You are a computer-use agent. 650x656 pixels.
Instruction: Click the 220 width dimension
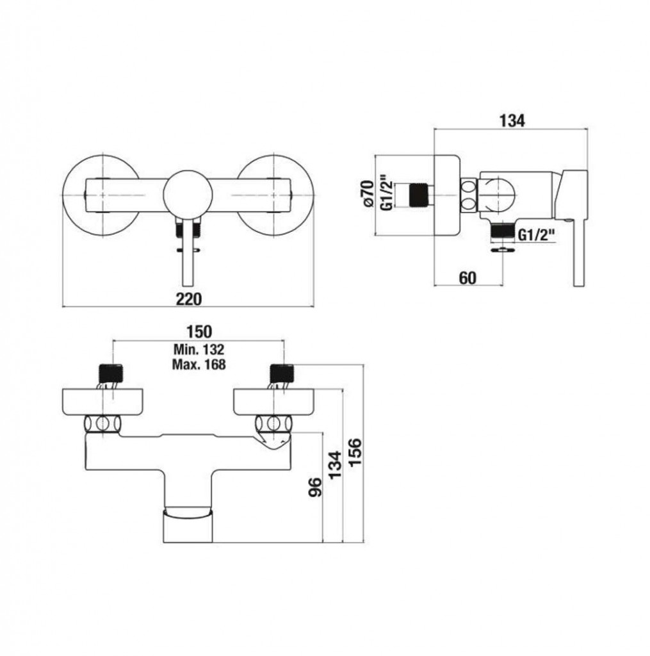click(189, 299)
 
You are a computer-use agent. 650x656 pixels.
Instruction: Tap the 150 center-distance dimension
click(199, 332)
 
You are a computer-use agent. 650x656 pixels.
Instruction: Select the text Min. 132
click(199, 349)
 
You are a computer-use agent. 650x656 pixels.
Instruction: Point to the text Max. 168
click(199, 365)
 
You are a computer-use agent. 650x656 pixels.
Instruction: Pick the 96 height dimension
click(316, 487)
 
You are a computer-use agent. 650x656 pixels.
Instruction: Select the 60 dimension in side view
click(467, 277)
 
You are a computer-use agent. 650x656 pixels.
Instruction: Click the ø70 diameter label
click(368, 193)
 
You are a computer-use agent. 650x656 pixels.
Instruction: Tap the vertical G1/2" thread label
click(387, 195)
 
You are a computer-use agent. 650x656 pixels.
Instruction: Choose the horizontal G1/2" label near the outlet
click(537, 236)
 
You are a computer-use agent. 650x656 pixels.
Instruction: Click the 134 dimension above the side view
click(512, 120)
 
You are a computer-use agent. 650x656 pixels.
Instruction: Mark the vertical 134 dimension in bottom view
click(335, 465)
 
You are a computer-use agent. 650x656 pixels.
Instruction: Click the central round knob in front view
click(188, 195)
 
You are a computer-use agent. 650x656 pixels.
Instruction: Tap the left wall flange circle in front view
click(101, 195)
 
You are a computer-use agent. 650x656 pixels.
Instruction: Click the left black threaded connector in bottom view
click(111, 372)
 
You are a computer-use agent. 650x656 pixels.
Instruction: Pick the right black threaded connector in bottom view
click(283, 372)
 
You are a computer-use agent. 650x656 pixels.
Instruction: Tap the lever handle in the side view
click(573, 229)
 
